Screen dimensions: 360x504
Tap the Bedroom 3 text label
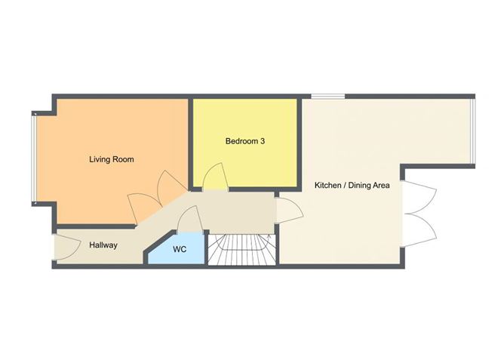coord(244,141)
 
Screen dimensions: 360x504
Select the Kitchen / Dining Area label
coord(352,185)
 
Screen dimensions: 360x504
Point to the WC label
coord(180,249)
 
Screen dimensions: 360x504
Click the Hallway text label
coord(103,245)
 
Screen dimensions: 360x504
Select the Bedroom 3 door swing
coord(214,178)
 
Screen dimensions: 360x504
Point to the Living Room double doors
coord(155,196)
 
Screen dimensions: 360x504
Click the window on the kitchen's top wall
coord(327,96)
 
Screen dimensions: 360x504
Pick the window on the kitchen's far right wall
coord(473,131)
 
